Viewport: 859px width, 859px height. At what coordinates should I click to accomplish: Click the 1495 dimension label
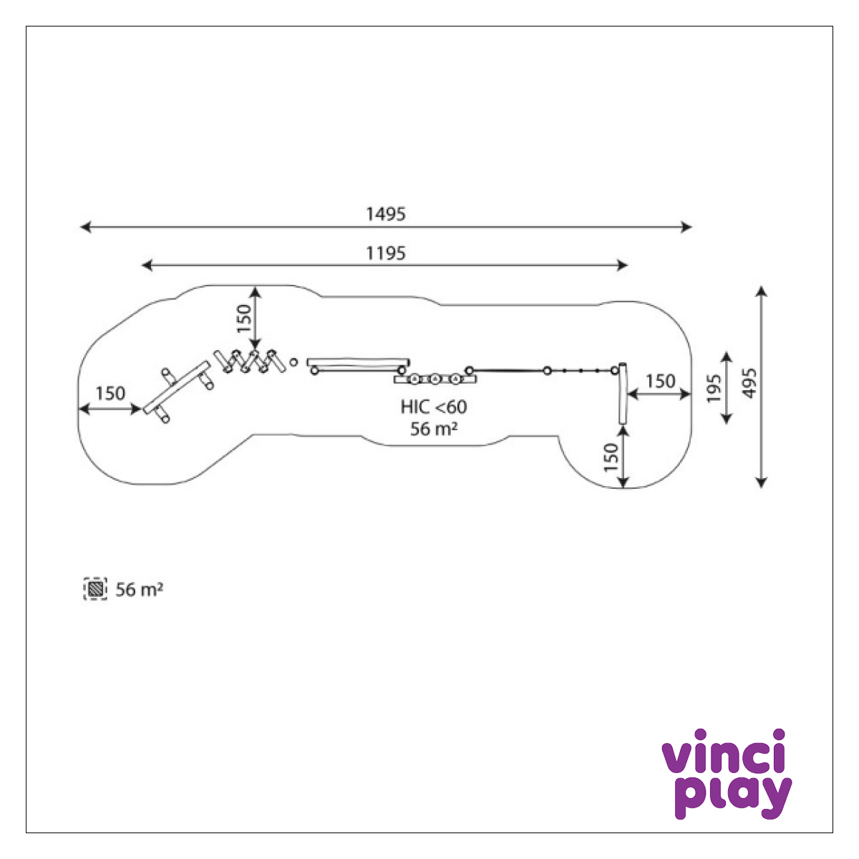point(386,215)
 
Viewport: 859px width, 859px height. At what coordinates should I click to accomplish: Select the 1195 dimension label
point(386,253)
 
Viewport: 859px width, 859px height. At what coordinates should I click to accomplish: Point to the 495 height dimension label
point(749,383)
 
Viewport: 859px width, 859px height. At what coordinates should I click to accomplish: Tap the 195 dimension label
point(714,388)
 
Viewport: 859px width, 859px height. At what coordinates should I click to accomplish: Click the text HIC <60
point(434,407)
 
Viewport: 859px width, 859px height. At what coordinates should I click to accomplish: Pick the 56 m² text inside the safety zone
point(434,429)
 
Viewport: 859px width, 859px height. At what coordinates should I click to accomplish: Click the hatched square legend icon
point(95,589)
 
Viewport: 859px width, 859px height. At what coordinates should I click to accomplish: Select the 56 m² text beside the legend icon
point(140,590)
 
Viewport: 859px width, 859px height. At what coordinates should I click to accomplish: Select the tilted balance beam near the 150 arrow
point(177,388)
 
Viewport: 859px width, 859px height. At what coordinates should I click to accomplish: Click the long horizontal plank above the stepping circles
point(359,362)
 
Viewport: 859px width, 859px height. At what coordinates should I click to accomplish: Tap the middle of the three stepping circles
point(435,379)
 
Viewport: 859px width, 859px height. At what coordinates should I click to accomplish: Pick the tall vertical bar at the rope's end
point(623,394)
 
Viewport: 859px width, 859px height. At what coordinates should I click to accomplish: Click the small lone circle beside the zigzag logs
point(293,362)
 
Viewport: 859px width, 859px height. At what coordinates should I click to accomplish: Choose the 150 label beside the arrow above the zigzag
point(244,319)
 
